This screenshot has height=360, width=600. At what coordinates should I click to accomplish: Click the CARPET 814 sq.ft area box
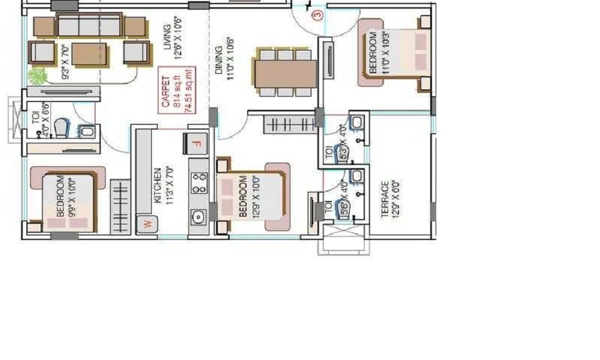(x=176, y=91)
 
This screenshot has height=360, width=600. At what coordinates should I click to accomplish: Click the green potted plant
(x=37, y=76)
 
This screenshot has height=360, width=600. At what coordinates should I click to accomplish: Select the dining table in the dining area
(x=286, y=73)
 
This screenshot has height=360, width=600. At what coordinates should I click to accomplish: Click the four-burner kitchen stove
(x=199, y=183)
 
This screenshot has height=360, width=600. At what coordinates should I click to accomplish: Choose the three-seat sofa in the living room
(x=90, y=26)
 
